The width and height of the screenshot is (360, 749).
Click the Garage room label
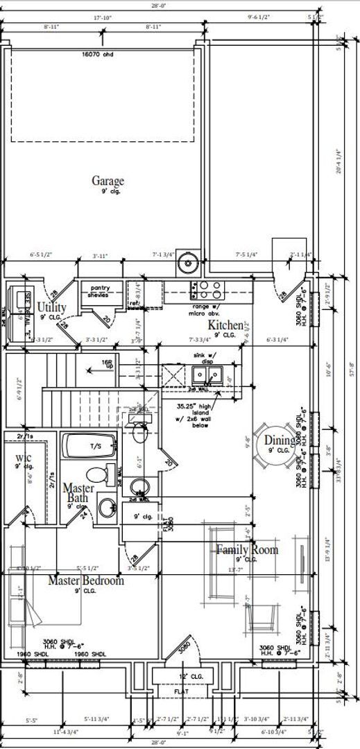pos(108,181)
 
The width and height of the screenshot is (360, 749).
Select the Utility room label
pos(52,307)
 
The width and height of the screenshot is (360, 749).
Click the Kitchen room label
pos(226,325)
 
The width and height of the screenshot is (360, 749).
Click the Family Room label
pos(247,550)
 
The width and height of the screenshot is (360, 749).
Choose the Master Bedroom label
pos(85,580)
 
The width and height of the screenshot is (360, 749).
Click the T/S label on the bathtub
pos(96,446)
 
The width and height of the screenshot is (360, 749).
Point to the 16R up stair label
pos(107,363)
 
